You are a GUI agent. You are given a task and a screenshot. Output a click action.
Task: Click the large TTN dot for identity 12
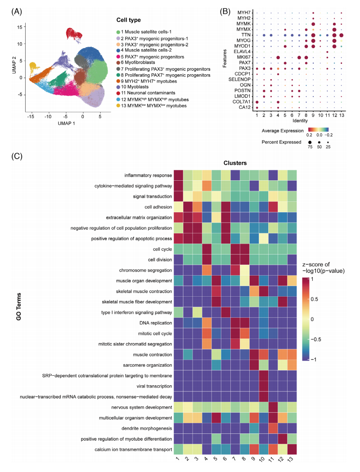click(x=334, y=35)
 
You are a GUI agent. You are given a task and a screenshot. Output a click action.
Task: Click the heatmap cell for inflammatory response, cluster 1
click(x=178, y=175)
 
